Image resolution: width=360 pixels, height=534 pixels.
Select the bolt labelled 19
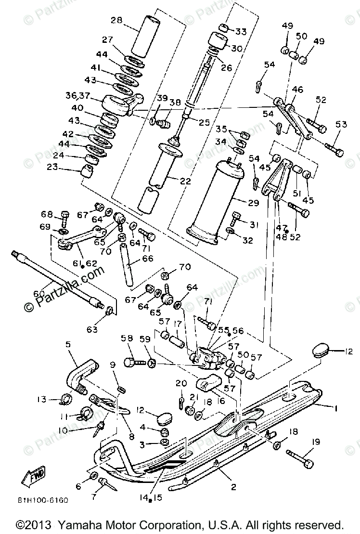(x=298, y=458)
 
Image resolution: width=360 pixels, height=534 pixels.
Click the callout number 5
(x=67, y=344)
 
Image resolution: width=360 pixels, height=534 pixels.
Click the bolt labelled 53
(x=334, y=147)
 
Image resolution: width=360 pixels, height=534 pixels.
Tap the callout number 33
(x=241, y=32)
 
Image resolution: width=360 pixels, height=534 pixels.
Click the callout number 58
(x=127, y=339)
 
